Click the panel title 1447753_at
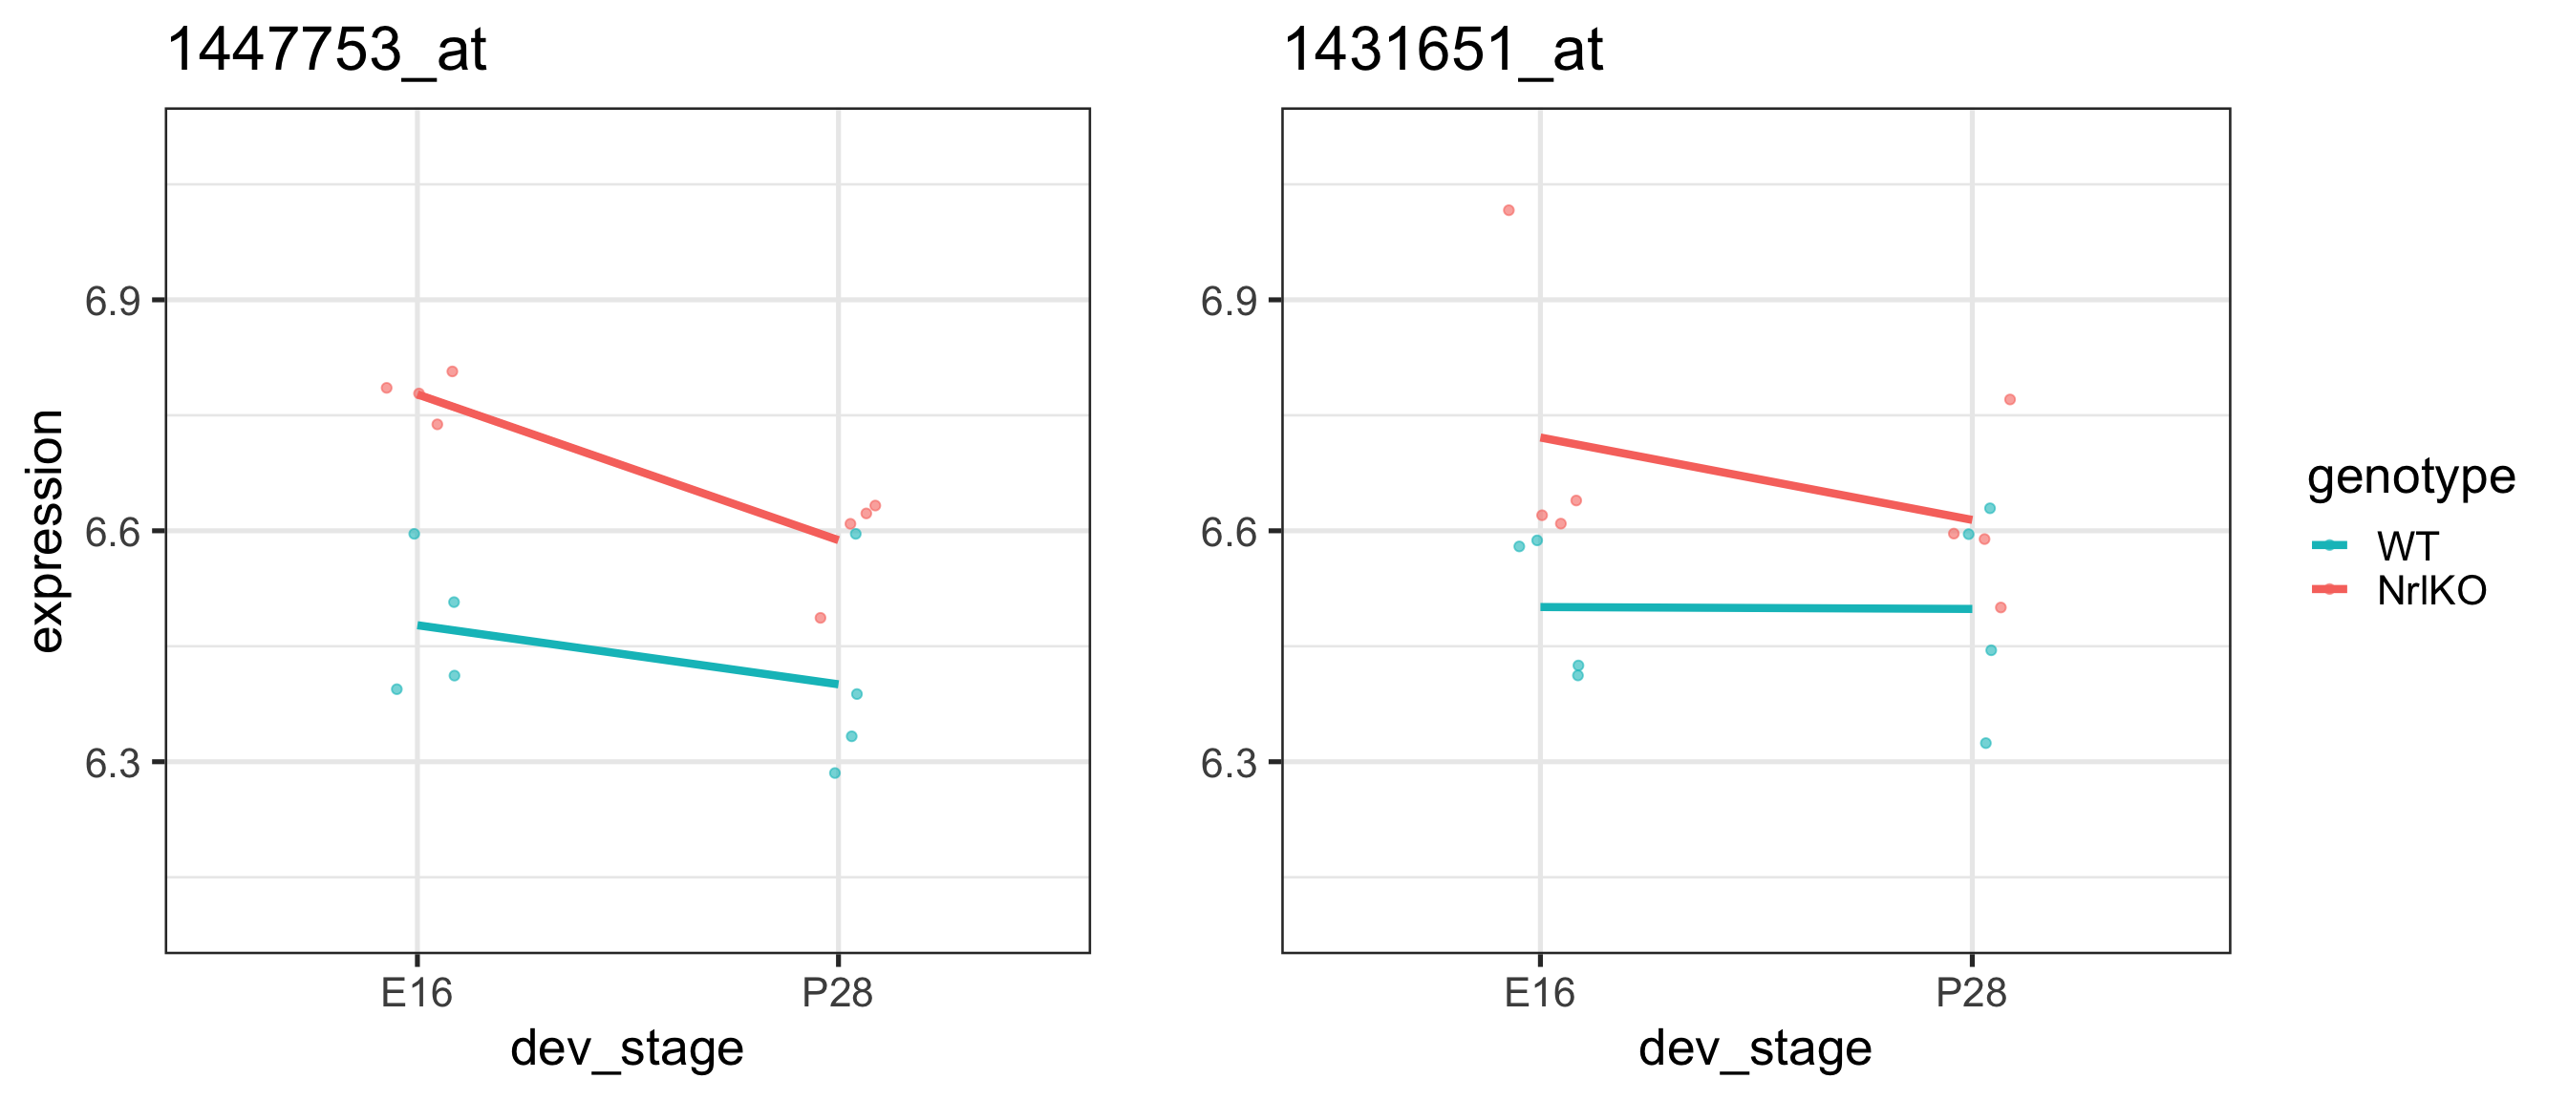[326, 50]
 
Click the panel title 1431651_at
[1443, 50]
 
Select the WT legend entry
[2407, 547]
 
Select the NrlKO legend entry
[2430, 591]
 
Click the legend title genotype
[2410, 477]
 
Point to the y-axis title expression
[46, 531]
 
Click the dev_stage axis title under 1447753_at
[627, 1049]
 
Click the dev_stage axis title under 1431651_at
[1755, 1049]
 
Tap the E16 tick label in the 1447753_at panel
[417, 992]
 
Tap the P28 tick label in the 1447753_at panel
[838, 992]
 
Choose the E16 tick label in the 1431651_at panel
[1539, 992]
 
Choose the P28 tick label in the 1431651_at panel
[1971, 992]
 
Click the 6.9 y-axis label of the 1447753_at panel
[112, 301]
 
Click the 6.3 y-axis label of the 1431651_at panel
[1229, 763]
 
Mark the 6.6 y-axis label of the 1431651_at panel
[1229, 532]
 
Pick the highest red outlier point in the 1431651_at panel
[1509, 210]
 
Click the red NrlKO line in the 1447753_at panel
[628, 467]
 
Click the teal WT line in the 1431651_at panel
[1755, 608]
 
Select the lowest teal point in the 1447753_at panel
[834, 773]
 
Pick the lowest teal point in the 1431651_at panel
[1985, 743]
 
